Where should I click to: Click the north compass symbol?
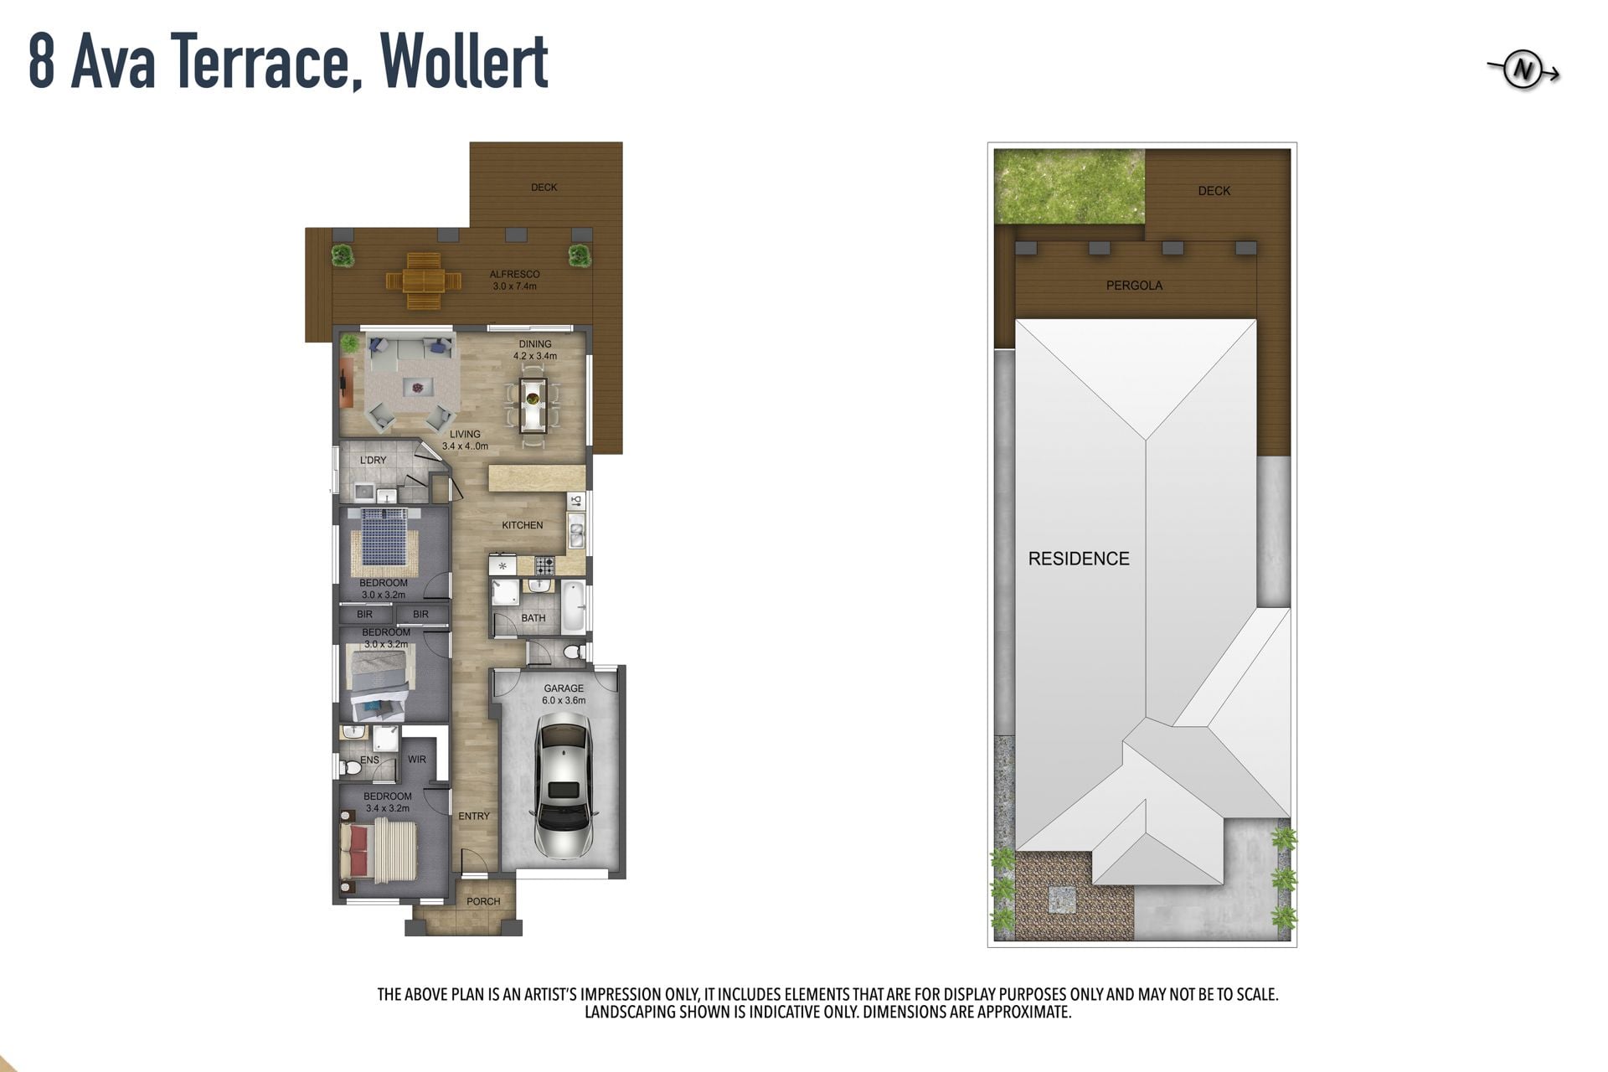click(1523, 72)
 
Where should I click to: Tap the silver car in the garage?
click(564, 785)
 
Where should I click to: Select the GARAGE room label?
click(564, 688)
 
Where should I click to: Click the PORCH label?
click(483, 902)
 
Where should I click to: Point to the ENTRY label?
click(474, 816)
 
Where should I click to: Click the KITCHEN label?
click(523, 525)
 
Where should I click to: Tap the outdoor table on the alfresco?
click(423, 272)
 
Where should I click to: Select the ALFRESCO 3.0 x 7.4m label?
click(515, 280)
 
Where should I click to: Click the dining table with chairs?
click(533, 405)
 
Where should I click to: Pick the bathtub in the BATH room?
click(574, 607)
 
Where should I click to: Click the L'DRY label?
click(374, 460)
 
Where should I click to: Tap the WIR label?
click(417, 760)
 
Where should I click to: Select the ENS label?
click(369, 760)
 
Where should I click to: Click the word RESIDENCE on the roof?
click(1079, 559)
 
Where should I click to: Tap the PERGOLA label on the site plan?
click(1134, 286)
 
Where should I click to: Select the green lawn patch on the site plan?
click(1069, 186)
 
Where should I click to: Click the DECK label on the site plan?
click(1214, 191)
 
